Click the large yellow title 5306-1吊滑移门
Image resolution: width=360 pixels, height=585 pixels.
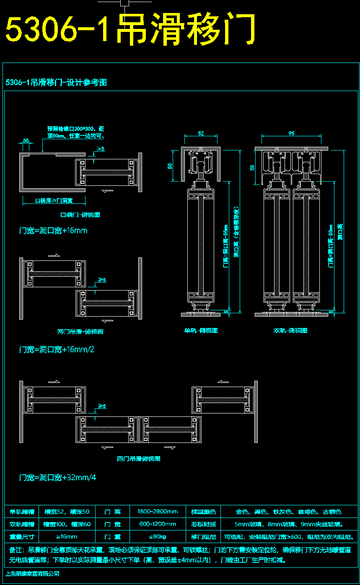130,29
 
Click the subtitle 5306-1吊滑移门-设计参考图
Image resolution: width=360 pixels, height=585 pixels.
56,83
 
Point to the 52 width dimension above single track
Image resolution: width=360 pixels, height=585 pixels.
201,133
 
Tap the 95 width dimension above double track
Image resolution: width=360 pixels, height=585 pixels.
292,133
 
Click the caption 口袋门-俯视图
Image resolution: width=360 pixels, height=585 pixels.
80,215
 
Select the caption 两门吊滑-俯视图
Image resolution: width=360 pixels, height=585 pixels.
80,332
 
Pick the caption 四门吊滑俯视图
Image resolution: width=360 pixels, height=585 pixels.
138,459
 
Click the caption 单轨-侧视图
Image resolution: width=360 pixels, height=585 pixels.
201,330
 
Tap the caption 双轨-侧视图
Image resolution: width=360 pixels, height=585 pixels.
290,330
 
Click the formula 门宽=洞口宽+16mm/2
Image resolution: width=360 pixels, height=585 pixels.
57,350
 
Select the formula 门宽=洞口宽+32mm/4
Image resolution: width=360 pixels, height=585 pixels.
58,478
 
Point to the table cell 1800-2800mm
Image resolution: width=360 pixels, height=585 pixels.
158,512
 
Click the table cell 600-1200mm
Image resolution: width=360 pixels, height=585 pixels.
158,524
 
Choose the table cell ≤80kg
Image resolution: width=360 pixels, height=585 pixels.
158,537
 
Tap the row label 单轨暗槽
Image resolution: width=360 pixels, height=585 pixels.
21,512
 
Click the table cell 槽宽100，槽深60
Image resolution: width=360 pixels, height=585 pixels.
67,524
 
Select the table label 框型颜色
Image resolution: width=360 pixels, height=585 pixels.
203,512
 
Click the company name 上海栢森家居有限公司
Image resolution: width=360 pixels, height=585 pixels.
32,574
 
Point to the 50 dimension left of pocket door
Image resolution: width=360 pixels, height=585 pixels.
26,141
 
